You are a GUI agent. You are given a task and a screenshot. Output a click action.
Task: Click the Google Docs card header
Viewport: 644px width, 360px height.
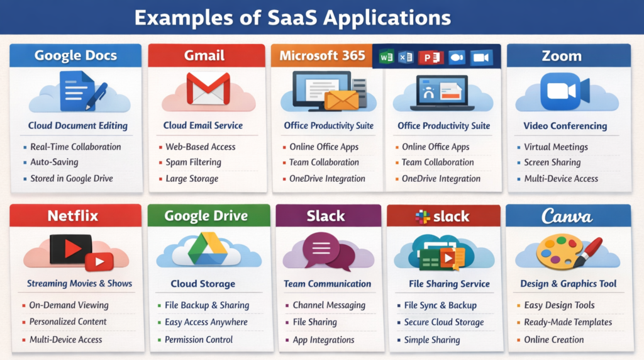click(75, 55)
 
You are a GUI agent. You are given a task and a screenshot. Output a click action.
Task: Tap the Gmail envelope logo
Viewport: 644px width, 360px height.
click(208, 89)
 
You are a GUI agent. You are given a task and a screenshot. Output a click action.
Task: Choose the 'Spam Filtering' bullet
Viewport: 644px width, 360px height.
click(193, 162)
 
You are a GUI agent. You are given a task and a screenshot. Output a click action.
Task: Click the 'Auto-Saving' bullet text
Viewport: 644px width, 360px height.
click(54, 162)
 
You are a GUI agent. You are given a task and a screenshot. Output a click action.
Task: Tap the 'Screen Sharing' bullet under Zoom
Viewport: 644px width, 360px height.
click(552, 162)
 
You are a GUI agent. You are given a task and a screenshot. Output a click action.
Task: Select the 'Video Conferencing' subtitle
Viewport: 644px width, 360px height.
click(565, 126)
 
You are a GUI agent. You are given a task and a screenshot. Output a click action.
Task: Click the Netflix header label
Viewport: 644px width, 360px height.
click(73, 216)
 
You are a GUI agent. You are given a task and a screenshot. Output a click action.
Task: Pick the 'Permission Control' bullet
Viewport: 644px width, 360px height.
click(199, 340)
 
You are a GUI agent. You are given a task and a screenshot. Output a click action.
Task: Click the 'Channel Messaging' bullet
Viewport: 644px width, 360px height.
click(328, 305)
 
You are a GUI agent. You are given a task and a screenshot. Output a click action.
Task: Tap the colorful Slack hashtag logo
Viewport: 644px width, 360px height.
click(423, 217)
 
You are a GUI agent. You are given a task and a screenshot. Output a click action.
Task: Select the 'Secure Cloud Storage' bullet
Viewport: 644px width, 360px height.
click(444, 322)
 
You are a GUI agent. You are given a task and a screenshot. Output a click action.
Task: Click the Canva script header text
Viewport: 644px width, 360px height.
click(567, 217)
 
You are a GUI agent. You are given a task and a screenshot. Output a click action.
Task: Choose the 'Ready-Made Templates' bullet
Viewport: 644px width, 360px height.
click(568, 322)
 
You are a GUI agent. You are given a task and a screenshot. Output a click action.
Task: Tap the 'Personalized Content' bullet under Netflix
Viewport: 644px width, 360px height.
click(68, 322)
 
